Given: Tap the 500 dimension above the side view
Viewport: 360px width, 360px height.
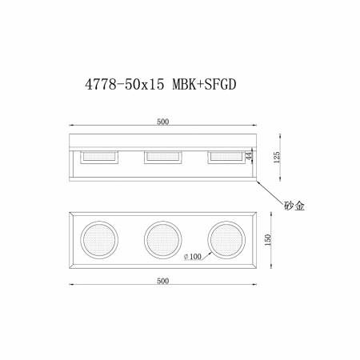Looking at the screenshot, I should (163, 122).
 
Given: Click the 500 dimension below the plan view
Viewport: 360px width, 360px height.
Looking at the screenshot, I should (163, 281).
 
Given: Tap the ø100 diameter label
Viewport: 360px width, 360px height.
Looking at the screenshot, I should (192, 255).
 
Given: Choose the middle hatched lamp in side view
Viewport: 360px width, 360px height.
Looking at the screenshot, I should (162, 157).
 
